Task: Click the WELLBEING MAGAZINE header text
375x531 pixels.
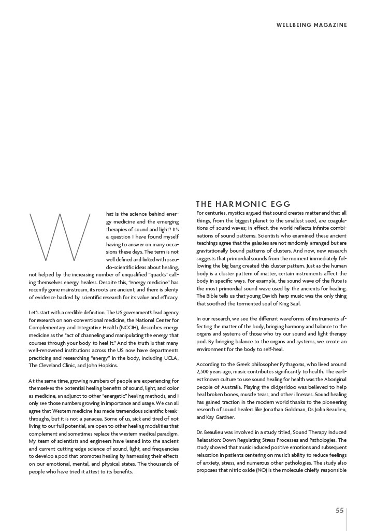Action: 311,25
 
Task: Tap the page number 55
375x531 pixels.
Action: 339,510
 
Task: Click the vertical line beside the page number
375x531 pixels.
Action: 347,519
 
